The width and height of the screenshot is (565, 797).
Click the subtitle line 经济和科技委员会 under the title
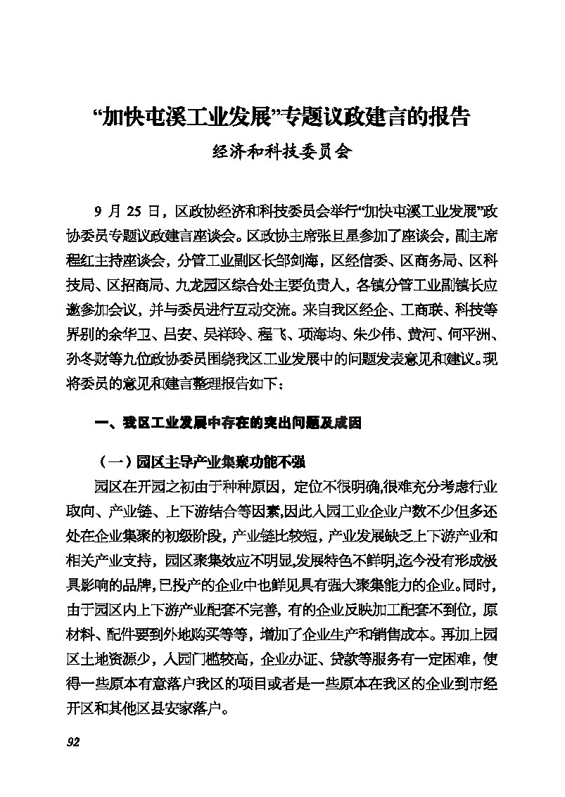pos(281,152)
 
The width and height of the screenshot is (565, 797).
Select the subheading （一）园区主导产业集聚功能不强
pos(199,462)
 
